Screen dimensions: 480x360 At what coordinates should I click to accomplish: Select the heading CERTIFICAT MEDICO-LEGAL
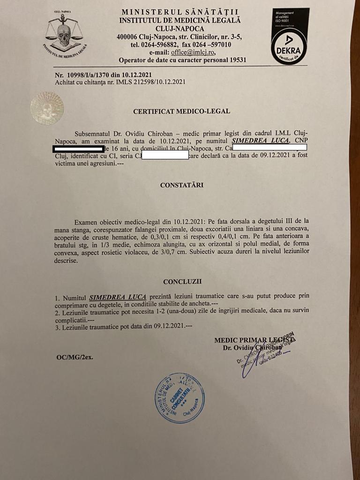pos(181,112)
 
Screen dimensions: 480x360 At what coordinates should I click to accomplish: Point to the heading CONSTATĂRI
pos(182,185)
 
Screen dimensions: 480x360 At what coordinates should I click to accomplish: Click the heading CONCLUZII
pos(182,282)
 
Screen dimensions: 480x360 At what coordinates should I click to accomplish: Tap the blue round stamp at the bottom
pos(180,398)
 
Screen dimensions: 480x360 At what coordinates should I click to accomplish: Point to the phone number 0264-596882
pos(159,45)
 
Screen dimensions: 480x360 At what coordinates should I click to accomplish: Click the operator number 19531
pos(236,60)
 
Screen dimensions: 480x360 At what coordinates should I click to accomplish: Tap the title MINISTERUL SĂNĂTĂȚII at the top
pos(180,12)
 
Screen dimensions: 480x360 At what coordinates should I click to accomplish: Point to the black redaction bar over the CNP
pos(78,149)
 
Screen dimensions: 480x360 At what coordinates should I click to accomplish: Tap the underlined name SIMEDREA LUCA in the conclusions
pos(118,297)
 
